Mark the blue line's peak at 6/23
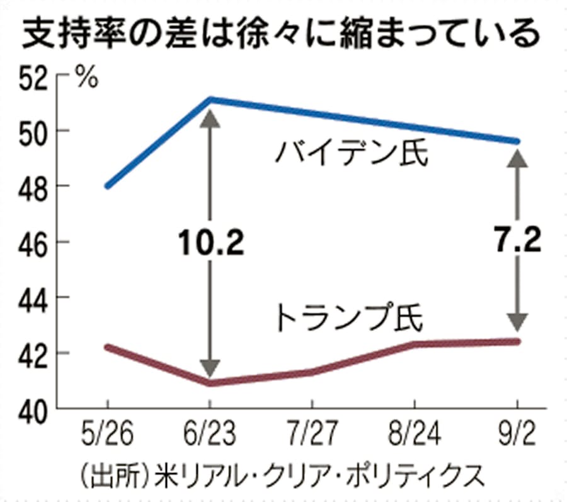tap(210, 99)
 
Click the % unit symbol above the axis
tap(86, 78)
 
